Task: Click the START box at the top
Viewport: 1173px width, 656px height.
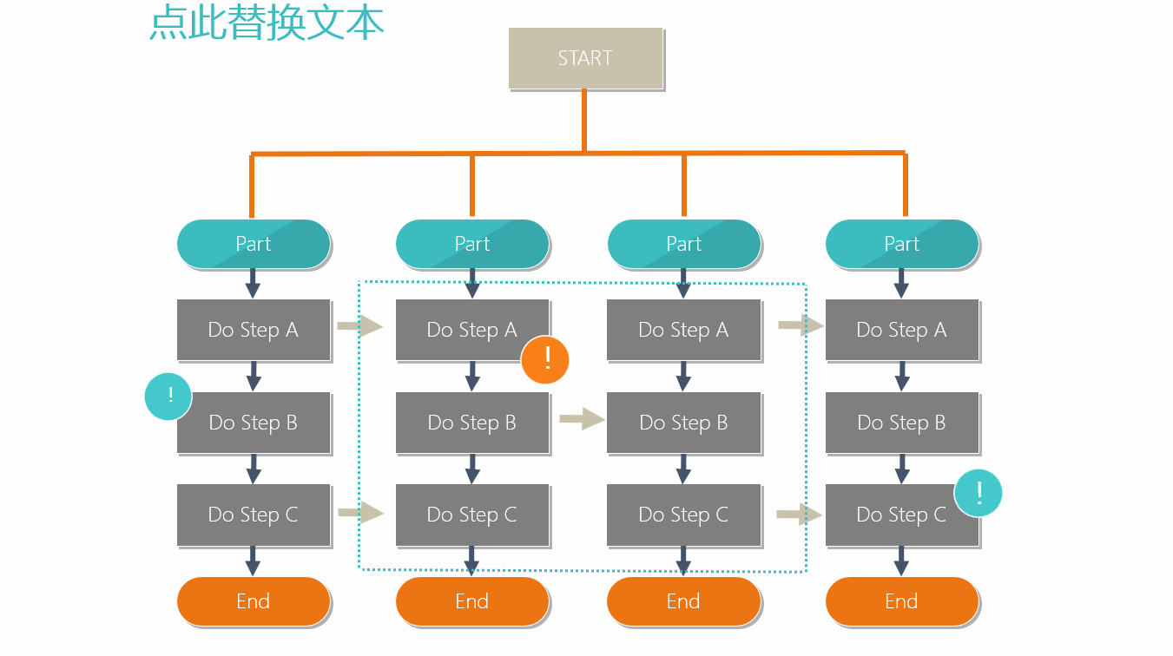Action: [585, 58]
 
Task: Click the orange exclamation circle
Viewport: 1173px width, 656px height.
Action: [545, 360]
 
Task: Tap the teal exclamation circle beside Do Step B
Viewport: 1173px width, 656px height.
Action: [168, 397]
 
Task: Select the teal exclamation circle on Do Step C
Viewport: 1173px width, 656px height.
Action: [979, 493]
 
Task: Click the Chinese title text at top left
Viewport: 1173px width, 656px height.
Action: [267, 23]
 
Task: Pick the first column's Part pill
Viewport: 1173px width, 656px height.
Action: [254, 244]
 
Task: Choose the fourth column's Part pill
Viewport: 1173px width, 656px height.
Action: [902, 244]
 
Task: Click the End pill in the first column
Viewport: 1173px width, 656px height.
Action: [254, 601]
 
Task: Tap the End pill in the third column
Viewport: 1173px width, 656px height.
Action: [683, 601]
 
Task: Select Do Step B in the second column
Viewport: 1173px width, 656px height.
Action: [472, 423]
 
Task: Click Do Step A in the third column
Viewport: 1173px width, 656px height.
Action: [683, 330]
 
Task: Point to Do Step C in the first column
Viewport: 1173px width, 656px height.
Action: [254, 515]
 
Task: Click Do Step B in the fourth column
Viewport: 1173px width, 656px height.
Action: [902, 423]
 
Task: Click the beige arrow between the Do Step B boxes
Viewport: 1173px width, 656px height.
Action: [583, 419]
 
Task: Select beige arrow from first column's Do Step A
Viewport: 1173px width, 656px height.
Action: [360, 326]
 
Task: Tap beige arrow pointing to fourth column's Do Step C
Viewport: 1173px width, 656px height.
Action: [799, 514]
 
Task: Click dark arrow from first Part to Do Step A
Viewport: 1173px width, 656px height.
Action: [253, 283]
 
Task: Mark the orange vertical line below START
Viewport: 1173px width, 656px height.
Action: [584, 121]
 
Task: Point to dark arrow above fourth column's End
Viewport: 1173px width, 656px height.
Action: [901, 561]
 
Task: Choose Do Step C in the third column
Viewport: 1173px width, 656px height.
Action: [683, 515]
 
